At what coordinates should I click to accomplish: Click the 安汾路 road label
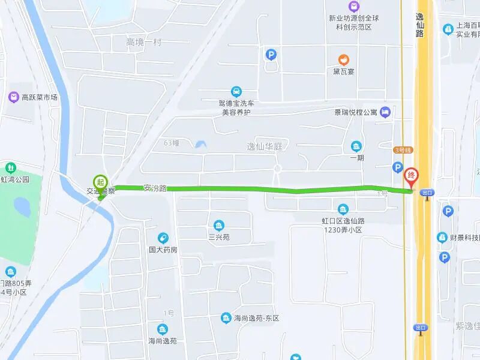click(155, 188)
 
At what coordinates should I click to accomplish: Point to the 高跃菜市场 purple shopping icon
click(13, 97)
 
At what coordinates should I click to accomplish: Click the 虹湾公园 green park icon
click(10, 167)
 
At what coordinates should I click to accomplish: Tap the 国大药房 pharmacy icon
click(163, 238)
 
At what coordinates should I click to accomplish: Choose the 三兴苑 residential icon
click(220, 226)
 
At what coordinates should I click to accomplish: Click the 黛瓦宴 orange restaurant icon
click(344, 59)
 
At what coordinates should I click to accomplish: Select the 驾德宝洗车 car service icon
click(236, 92)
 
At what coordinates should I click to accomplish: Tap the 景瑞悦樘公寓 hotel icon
click(385, 112)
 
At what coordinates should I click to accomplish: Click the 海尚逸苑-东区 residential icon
click(226, 317)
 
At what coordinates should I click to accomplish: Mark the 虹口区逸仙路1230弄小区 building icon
click(343, 209)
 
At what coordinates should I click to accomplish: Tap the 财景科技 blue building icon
click(442, 238)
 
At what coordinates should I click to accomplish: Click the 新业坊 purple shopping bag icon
click(355, 6)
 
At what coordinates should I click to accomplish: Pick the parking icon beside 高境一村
click(271, 55)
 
